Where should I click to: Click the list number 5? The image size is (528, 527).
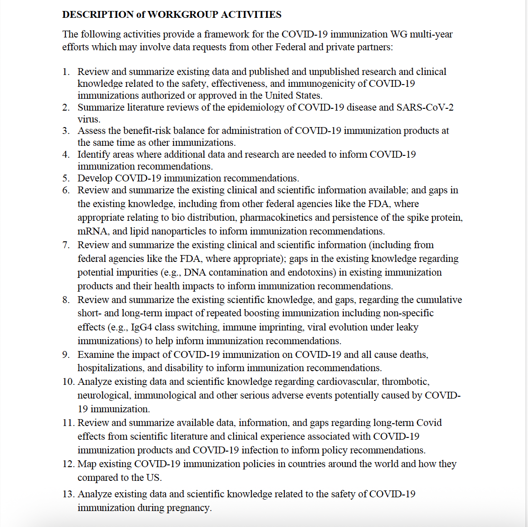click(66, 178)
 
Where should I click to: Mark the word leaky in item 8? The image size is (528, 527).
click(407, 327)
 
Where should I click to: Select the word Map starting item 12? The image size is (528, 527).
click(87, 464)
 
